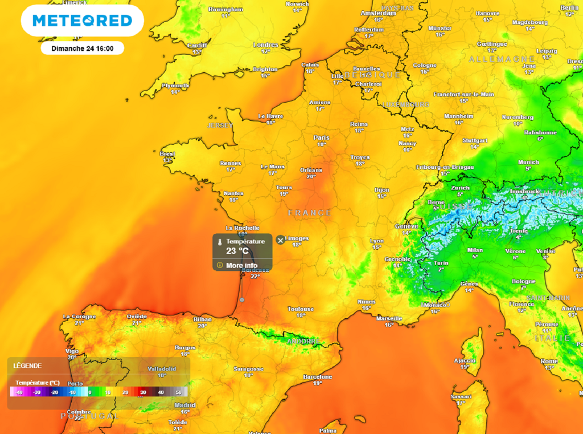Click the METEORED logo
[82, 21]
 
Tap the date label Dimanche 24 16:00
[82, 48]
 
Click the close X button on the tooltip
[280, 240]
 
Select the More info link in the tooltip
[241, 265]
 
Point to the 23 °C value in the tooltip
[237, 250]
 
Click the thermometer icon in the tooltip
[219, 242]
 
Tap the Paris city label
[322, 137]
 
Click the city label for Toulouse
[301, 309]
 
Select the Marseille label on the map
[389, 318]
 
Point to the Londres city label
[265, 45]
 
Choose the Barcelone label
[317, 377]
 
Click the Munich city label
[528, 163]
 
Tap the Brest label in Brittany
[167, 154]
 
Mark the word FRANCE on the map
[309, 213]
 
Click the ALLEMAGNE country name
[502, 59]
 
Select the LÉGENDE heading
[27, 366]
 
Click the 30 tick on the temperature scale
[143, 392]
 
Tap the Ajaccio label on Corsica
[465, 360]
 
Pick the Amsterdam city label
[378, 13]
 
